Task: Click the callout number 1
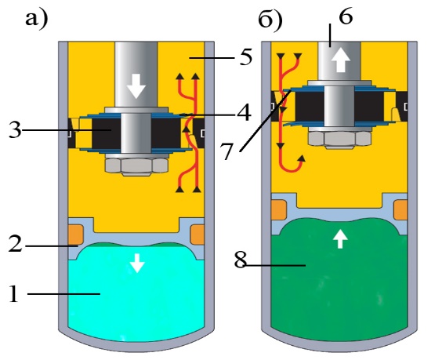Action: coord(13,293)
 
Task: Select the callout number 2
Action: coord(15,243)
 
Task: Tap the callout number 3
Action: coord(15,129)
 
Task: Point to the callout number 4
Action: coord(244,112)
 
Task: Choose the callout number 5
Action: coord(246,57)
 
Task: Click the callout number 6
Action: coord(346,16)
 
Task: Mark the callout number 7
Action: coord(227,151)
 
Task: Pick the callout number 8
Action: coord(241,260)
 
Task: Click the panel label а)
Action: coord(36,20)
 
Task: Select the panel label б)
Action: coord(270,20)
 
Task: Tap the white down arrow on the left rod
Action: coord(136,86)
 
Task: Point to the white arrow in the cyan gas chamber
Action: coord(137,263)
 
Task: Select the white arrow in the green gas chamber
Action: coord(340,239)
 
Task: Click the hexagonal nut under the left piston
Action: coord(136,166)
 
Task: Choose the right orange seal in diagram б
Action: coord(401,210)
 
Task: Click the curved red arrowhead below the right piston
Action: coord(301,158)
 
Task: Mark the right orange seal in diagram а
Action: coord(198,235)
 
